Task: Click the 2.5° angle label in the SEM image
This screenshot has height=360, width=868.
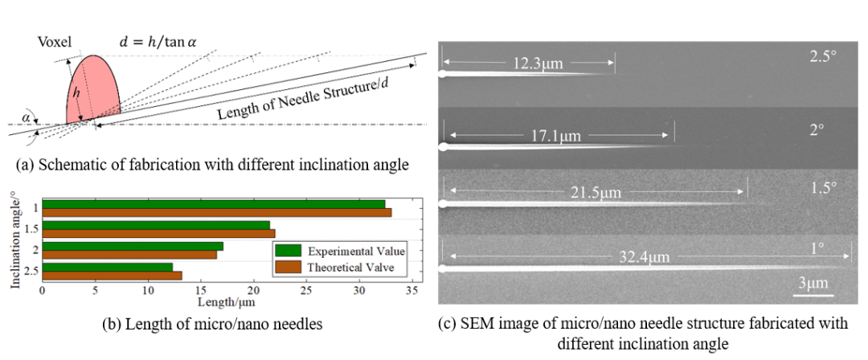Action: tap(822, 58)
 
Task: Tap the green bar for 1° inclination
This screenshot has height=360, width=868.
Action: tap(213, 204)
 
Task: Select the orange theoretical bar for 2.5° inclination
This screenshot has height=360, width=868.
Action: tap(112, 276)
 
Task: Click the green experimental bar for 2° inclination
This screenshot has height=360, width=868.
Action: tap(133, 246)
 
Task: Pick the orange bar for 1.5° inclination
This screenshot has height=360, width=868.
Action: tap(158, 233)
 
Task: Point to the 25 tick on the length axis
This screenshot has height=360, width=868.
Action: tap(306, 290)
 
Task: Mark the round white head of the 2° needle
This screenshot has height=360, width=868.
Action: tap(443, 146)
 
